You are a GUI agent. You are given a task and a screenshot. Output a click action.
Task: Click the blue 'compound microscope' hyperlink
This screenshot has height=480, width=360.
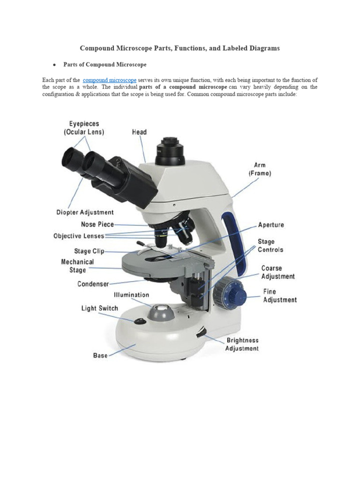point(110,80)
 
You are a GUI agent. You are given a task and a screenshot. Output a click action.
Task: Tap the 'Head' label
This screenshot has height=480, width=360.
point(139,132)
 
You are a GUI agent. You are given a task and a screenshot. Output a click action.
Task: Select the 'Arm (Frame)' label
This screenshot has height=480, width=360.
point(259,169)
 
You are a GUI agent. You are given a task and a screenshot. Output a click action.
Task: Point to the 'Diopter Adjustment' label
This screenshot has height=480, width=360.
point(85,212)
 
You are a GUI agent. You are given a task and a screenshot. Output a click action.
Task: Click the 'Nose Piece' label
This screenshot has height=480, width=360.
point(97,225)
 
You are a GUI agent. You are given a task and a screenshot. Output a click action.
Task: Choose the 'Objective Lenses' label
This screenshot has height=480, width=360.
point(79,236)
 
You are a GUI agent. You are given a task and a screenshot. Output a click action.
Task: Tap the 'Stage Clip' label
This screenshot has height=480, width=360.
point(89,251)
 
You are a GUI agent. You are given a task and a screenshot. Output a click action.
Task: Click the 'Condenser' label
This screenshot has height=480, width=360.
point(93,284)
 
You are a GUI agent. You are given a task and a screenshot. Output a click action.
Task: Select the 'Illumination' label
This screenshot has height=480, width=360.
point(131,295)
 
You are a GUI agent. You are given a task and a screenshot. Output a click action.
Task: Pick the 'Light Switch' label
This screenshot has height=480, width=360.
point(99,308)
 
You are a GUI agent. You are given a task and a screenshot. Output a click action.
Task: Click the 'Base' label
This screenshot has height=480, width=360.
point(100,355)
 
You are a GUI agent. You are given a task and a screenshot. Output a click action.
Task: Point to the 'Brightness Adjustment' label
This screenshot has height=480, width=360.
point(242,345)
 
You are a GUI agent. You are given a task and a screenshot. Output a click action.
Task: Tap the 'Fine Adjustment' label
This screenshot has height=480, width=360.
point(279,295)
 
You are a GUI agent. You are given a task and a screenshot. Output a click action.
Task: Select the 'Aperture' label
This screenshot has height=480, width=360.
point(271,225)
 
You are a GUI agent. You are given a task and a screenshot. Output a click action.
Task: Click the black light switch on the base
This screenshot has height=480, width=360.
point(139,321)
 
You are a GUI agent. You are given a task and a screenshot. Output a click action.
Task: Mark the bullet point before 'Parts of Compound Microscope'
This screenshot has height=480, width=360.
point(54,65)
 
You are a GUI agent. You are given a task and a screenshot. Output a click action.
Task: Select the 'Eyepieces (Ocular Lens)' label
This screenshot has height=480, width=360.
point(84,128)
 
